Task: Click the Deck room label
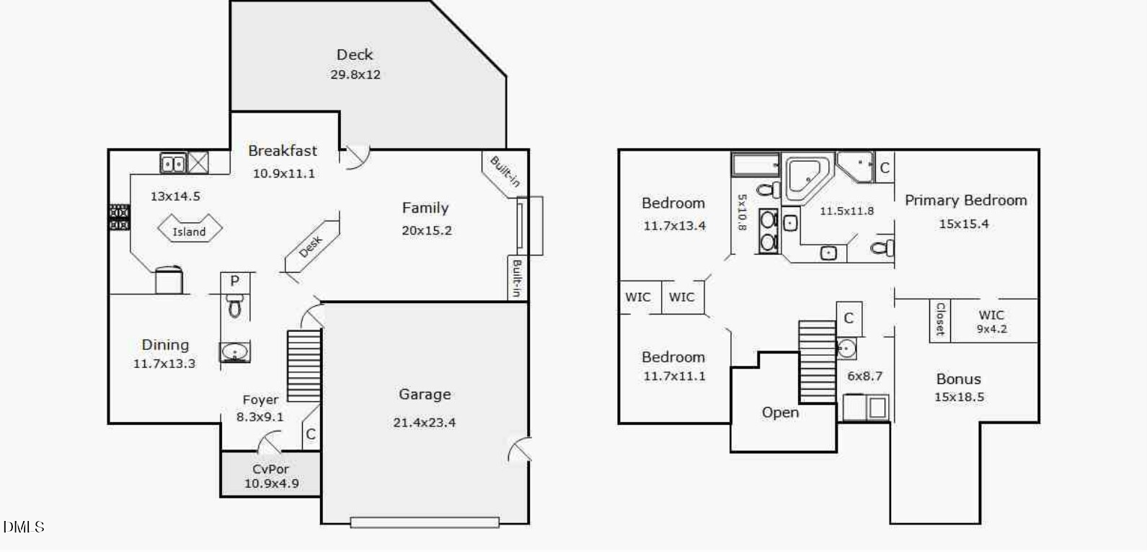[x=355, y=54]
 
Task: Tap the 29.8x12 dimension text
[x=355, y=75]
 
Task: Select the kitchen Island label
[x=189, y=232]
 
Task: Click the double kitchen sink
[x=173, y=164]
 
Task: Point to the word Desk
[x=310, y=247]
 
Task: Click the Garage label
[x=425, y=394]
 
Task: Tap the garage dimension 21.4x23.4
[x=424, y=422]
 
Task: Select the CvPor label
[x=270, y=468]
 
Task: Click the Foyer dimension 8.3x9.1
[x=260, y=416]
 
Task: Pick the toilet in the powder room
[x=234, y=305]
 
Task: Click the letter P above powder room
[x=234, y=281]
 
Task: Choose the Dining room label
[x=165, y=345]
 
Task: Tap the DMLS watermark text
[x=24, y=527]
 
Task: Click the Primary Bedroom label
[x=966, y=201]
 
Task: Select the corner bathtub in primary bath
[x=807, y=177]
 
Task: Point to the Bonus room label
[x=959, y=380]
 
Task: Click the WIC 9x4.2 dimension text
[x=991, y=329]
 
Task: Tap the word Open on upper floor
[x=780, y=413]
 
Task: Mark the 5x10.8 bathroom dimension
[x=742, y=212]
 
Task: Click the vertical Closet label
[x=940, y=320]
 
